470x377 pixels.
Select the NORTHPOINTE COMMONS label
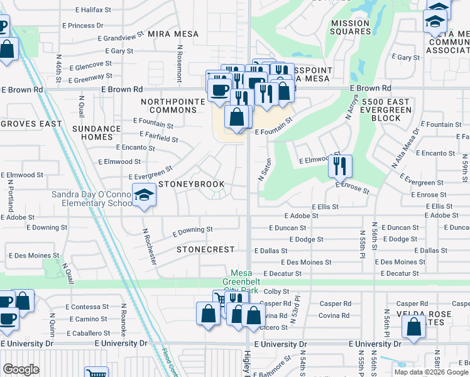pyautogui.click(x=173, y=106)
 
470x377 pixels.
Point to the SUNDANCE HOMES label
pyautogui.click(x=96, y=133)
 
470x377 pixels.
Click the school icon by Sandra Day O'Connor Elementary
pyautogui.click(x=144, y=196)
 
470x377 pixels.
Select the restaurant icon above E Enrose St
pyautogui.click(x=340, y=166)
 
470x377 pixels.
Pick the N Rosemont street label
pyautogui.click(x=179, y=63)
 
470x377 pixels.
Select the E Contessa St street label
pyautogui.click(x=87, y=307)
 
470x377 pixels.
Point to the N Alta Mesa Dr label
pyautogui.click(x=405, y=148)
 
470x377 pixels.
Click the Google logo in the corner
pyautogui.click(x=21, y=369)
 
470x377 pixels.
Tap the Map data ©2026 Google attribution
pyautogui.click(x=431, y=372)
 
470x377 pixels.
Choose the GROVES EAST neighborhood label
pyautogui.click(x=31, y=124)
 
